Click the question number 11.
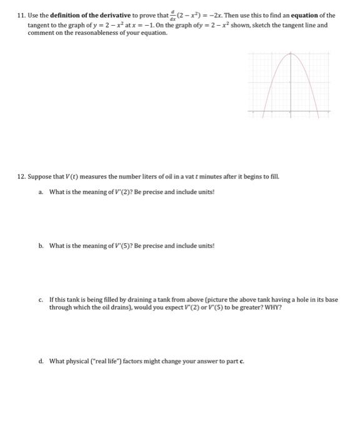point(21,15)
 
